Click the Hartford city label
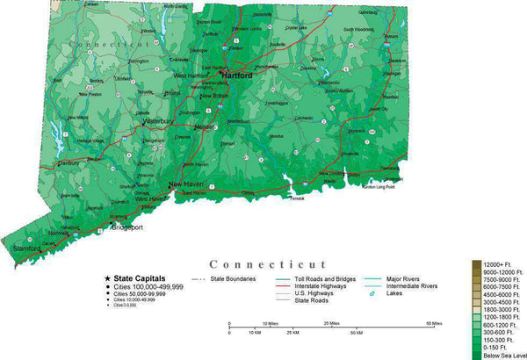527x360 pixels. pyautogui.click(x=239, y=76)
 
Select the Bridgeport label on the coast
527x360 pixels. pyautogui.click(x=129, y=227)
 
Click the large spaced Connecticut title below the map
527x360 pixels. pyautogui.click(x=267, y=264)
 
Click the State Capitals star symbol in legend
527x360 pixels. pyautogui.click(x=107, y=278)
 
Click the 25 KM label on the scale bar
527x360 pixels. pyautogui.click(x=295, y=333)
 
